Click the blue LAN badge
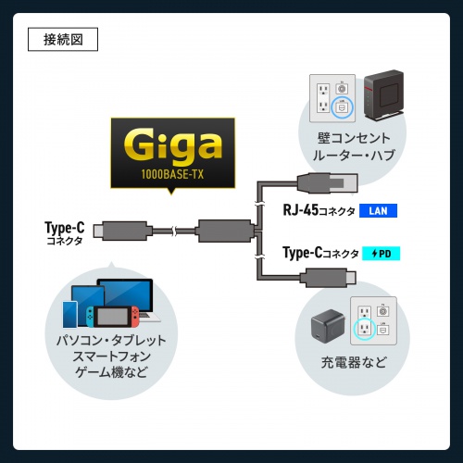[x=377, y=211]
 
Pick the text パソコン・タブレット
[x=111, y=340]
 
